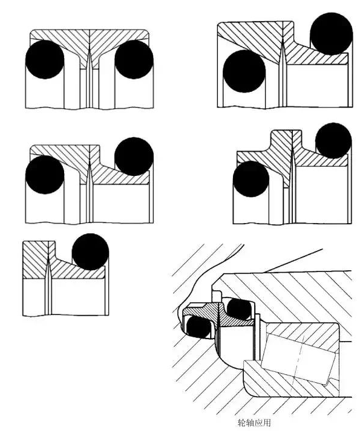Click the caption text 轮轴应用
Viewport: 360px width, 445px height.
click(x=254, y=423)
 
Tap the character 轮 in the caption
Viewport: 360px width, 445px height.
click(x=241, y=423)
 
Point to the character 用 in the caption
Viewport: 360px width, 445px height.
click(x=267, y=423)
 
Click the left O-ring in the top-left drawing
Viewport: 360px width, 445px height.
click(x=45, y=59)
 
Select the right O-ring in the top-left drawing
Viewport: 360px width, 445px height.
click(x=134, y=59)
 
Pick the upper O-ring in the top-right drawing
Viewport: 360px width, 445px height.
click(x=332, y=33)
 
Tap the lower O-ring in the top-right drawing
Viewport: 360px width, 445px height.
click(x=244, y=71)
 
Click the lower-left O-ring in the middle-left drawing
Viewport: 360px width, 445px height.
click(x=45, y=175)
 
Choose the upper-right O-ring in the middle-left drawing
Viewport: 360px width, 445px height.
click(x=134, y=157)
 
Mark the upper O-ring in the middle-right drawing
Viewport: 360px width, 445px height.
click(x=333, y=140)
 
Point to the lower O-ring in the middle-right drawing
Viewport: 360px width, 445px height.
click(x=251, y=179)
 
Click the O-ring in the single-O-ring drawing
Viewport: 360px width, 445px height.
click(x=90, y=252)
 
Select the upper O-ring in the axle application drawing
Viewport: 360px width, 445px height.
click(x=240, y=309)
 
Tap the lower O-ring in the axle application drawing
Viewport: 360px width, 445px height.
click(x=199, y=326)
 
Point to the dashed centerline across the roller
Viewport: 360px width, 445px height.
click(x=299, y=359)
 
